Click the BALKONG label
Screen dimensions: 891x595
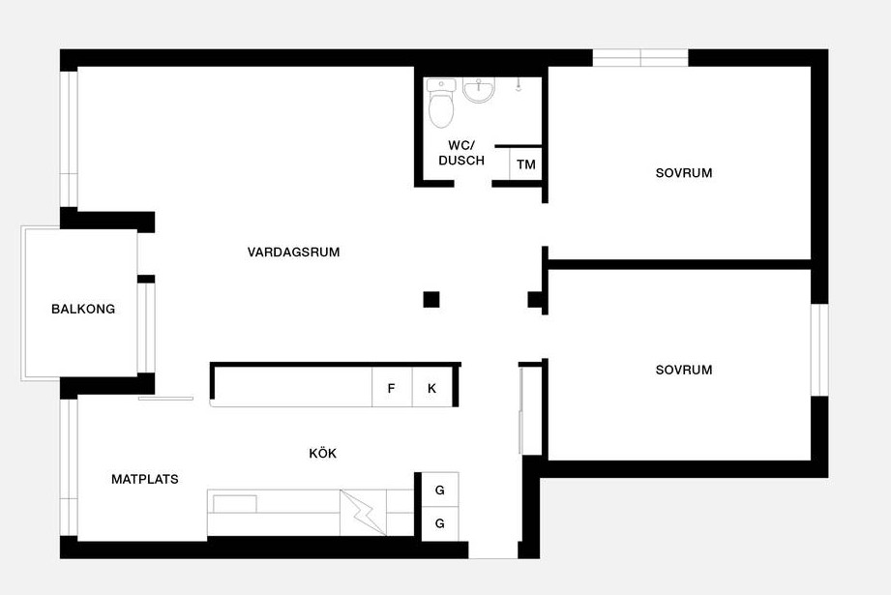coord(83,310)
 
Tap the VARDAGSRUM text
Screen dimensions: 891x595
coord(293,252)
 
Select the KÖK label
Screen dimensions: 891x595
coord(323,453)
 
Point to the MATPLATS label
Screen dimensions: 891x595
coord(145,479)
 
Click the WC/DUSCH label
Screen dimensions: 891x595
coord(461,153)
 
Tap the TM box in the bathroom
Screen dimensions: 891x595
coord(525,164)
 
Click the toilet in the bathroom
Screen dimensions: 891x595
coord(441,103)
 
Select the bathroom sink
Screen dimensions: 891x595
coord(479,90)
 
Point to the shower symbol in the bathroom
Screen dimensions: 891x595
coord(519,85)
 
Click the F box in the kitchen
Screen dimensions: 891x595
coord(392,388)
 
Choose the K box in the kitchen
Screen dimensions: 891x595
coord(431,388)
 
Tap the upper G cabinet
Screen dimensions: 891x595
coord(440,490)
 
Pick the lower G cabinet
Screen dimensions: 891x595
coord(440,523)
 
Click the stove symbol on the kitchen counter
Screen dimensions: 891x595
coord(363,512)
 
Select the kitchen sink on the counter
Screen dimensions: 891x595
coord(235,503)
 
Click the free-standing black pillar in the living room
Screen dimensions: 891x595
coord(431,300)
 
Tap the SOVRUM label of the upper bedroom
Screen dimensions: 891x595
coord(684,173)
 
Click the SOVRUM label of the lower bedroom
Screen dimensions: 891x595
coord(684,370)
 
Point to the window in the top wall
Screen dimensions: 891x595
coord(640,58)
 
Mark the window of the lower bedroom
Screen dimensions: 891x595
coord(819,349)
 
